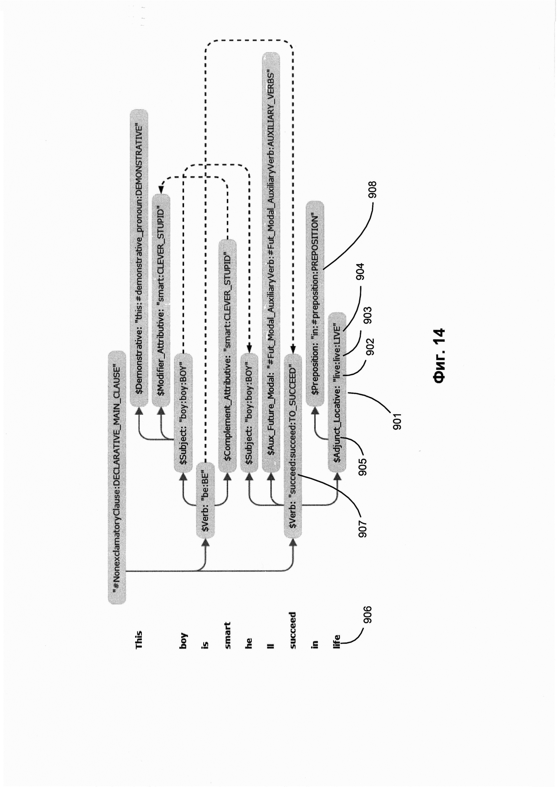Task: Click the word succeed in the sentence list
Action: click(293, 630)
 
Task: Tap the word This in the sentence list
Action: click(139, 640)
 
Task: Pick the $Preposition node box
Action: click(315, 304)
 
